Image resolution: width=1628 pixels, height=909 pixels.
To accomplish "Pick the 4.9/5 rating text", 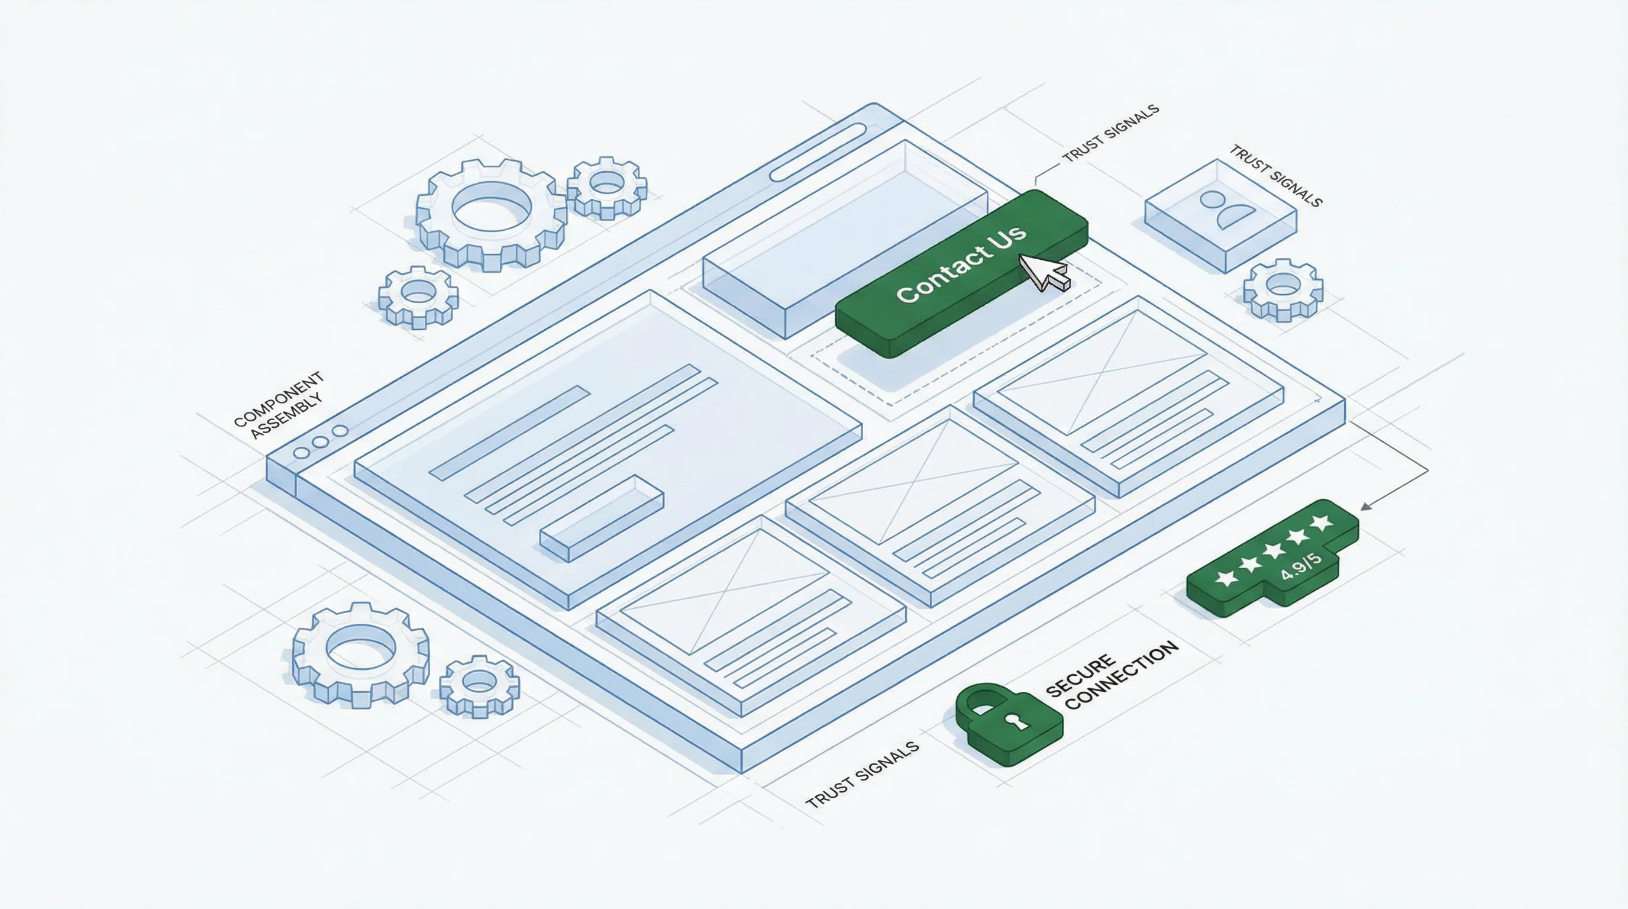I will coord(1302,566).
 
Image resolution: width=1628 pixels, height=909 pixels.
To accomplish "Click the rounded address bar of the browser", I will coord(818,153).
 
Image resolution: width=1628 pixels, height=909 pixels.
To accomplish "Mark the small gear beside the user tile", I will coord(1283,289).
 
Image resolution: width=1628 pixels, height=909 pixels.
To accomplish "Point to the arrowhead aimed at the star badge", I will coord(1365,507).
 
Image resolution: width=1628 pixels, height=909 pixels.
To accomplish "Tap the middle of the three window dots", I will coord(321,442).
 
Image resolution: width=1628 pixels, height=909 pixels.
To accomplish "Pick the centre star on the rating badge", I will coord(1274,549).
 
